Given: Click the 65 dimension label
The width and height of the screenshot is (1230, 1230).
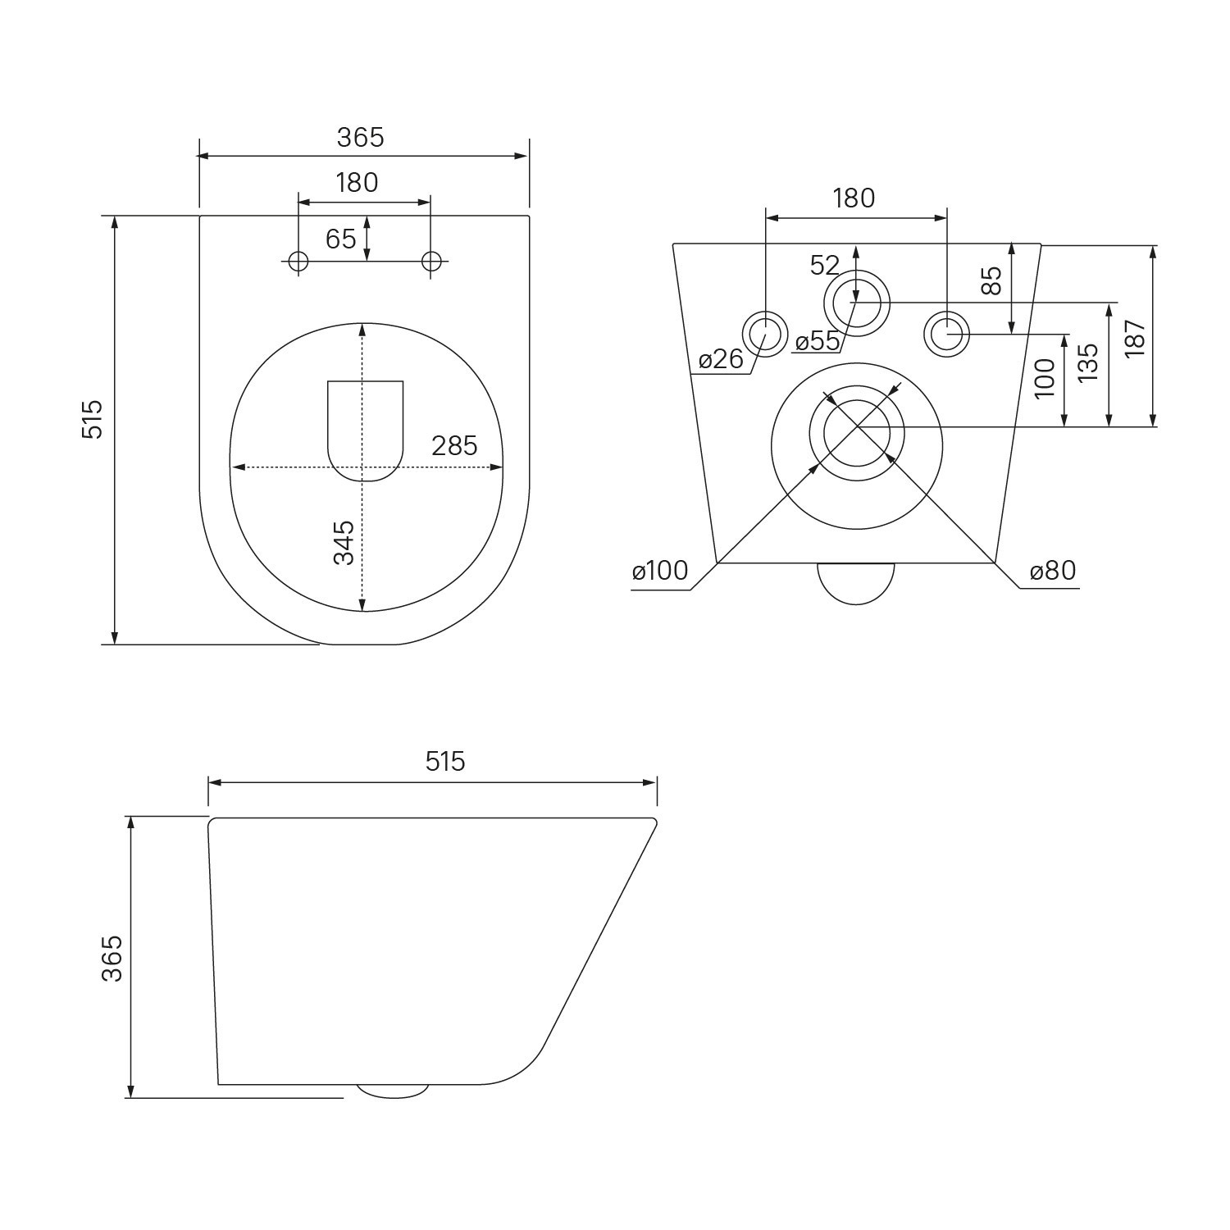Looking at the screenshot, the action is tap(341, 239).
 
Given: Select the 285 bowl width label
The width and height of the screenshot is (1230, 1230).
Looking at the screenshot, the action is tap(454, 445).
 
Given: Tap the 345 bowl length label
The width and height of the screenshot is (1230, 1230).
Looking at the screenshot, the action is tap(344, 542).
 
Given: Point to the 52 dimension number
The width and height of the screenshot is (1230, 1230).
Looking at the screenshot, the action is tap(825, 265).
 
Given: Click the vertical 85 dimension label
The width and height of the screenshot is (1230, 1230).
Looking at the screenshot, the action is tap(991, 280).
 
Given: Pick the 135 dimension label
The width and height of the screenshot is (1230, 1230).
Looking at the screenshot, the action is tap(1087, 362).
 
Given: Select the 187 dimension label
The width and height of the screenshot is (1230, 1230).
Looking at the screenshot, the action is tap(1135, 337).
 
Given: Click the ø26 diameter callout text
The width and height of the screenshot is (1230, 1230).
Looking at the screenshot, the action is tap(721, 358).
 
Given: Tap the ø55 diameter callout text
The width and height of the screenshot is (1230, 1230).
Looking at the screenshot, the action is tap(818, 340).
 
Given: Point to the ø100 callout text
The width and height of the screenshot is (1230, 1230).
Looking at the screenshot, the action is tap(660, 570).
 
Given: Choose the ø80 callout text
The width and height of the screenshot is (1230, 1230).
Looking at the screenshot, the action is tap(1053, 570).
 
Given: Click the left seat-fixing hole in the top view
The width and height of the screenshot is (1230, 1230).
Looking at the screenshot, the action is tap(298, 262).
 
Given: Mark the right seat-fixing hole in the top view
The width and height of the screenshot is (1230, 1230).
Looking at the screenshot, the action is tap(431, 262).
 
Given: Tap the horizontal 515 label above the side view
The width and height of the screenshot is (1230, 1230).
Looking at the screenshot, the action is tap(445, 762).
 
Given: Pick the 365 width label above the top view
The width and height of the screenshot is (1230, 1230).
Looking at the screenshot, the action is tap(361, 137).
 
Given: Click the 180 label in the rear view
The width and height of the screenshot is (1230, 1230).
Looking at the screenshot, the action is tap(854, 198).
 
